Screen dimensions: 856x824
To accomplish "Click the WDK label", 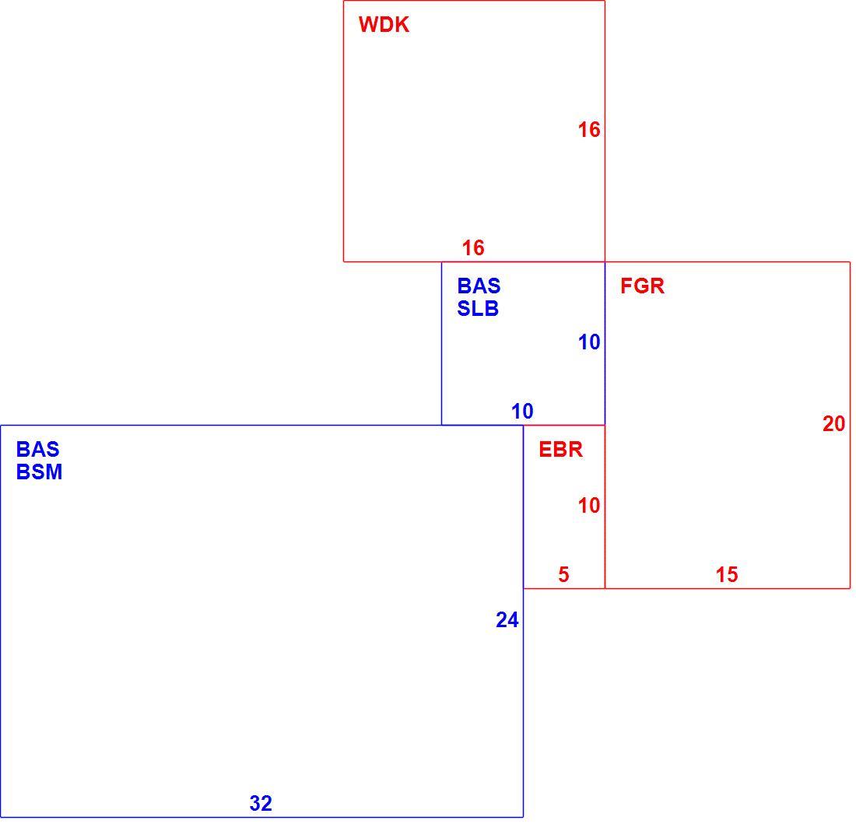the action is coord(384,25).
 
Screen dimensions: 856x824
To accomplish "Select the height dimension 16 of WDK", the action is coord(589,130).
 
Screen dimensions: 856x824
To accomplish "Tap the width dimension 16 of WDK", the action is coord(473,248).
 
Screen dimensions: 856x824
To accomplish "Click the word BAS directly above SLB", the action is coord(479,286).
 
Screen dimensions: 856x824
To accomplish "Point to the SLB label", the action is coord(479,309).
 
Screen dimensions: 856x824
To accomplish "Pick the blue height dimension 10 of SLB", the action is coord(589,342).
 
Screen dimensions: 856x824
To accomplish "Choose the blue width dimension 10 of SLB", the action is coord(522,412).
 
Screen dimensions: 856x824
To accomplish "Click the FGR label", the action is coord(643,286).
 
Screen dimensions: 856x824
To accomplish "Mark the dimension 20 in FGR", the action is coord(833,424).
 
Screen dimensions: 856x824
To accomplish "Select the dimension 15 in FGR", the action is coord(727,574).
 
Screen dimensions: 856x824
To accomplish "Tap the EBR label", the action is coord(560,450).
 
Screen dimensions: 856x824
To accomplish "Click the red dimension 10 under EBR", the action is coord(589,506).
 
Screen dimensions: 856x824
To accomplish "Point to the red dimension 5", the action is coord(563,574).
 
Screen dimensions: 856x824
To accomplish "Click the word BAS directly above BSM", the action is coord(37,450).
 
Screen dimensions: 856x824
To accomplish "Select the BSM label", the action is coord(40,472).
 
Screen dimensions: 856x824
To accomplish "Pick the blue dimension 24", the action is coord(507,620).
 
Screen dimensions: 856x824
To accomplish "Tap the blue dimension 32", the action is coord(261,803).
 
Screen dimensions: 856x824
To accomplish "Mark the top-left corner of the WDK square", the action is coord(343,1).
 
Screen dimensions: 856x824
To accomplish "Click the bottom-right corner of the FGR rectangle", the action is coord(850,589).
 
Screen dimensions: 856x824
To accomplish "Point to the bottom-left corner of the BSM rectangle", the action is coord(1,818).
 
